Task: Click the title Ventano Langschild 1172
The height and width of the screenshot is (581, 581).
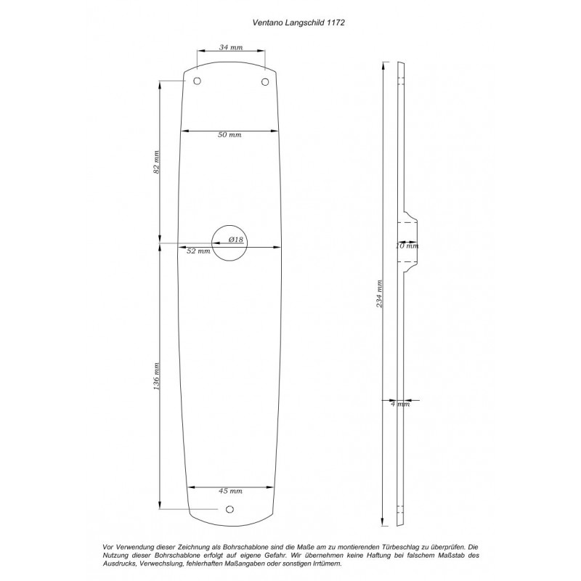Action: coord(298,23)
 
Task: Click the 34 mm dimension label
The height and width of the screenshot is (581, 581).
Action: coord(231,47)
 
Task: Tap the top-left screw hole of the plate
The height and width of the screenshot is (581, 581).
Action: coord(198,81)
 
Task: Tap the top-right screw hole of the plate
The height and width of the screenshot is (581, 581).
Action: coord(265,82)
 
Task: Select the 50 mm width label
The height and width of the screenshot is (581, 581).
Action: coord(229,135)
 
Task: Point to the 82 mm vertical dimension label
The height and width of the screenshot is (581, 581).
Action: coord(156,162)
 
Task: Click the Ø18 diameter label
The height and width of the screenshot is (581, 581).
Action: coord(236,240)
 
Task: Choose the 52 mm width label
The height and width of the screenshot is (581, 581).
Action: coord(198,251)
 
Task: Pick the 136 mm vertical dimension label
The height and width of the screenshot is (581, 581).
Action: coord(156,376)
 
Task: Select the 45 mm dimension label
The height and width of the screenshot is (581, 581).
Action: coord(230,491)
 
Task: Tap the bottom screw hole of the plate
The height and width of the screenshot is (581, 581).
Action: coord(229,510)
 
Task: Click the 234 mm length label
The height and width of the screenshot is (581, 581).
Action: coord(379,294)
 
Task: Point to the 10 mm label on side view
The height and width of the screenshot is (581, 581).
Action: coord(407,245)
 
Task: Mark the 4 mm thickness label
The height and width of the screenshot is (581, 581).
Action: coord(401,404)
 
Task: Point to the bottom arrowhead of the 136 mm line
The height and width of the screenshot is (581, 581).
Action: coord(160,505)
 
